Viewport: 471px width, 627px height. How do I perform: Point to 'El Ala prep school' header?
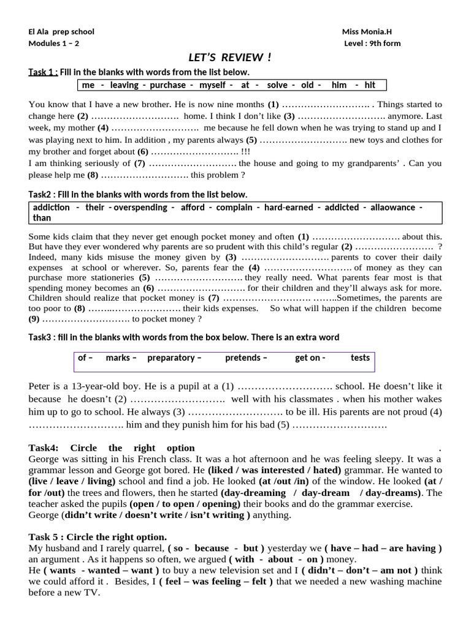[x=61, y=32]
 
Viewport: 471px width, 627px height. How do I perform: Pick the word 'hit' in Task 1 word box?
[x=370, y=85]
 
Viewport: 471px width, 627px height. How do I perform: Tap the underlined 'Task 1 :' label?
[x=43, y=72]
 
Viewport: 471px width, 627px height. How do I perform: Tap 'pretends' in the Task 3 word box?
[x=245, y=358]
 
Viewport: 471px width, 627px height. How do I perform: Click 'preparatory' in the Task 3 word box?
[x=174, y=358]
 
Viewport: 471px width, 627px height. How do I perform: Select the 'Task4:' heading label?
[x=44, y=448]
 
